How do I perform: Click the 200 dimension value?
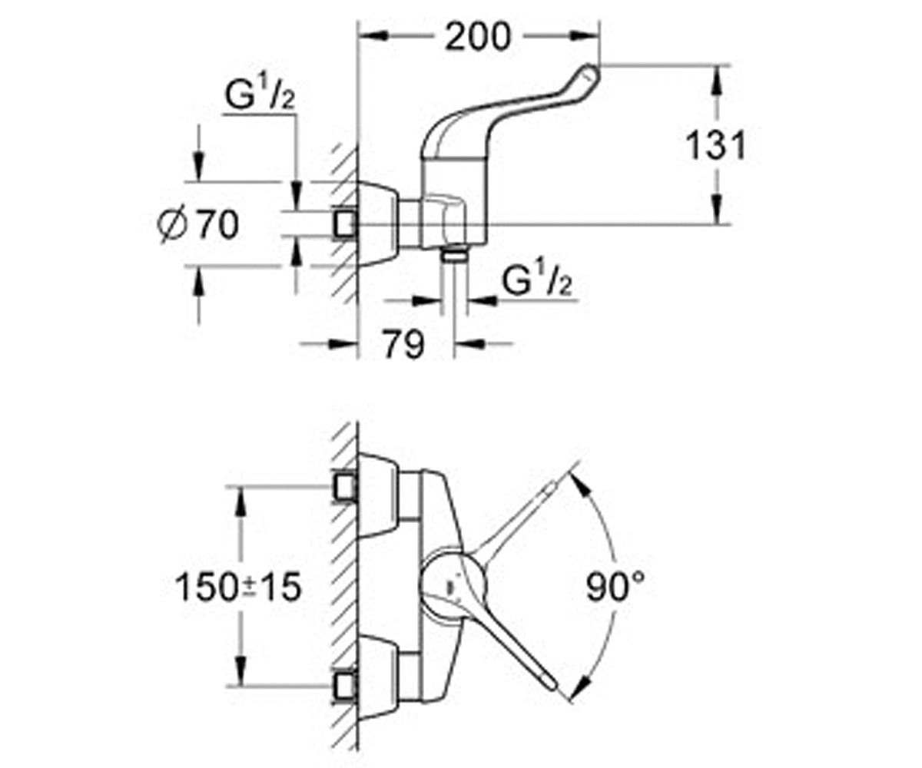point(477,37)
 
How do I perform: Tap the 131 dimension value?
point(716,145)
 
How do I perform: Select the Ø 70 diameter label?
point(198,225)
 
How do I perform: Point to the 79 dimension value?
point(403,343)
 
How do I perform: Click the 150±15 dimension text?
point(238,587)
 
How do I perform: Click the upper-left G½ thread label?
point(260,96)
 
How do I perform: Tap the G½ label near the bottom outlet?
point(537,282)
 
